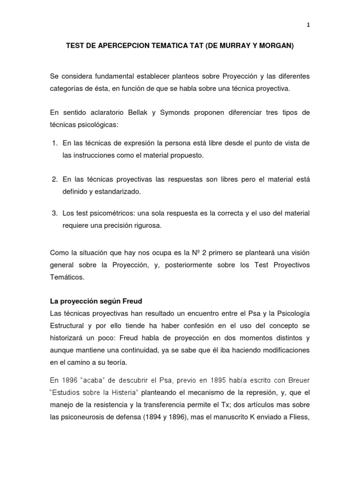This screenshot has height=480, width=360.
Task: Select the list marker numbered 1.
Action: pyautogui.click(x=54, y=142)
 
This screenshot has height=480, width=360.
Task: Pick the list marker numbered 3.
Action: pyautogui.click(x=54, y=213)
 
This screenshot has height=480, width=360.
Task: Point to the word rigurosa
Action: pyautogui.click(x=144, y=225)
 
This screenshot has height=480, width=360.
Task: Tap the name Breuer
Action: pyautogui.click(x=297, y=380)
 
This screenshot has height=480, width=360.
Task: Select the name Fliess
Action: pyautogui.click(x=299, y=416)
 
